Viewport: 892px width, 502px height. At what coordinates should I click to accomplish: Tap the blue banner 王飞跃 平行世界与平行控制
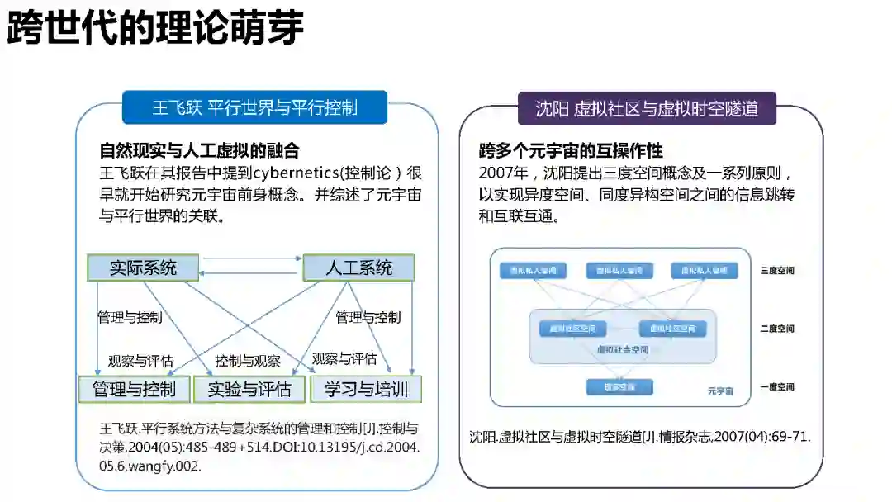coord(255,107)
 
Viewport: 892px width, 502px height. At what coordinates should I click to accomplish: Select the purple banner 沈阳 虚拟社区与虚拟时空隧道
coord(646,107)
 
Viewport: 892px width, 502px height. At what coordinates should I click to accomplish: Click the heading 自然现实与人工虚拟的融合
coord(199,150)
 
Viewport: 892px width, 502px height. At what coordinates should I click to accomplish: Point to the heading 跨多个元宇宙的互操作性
coord(572,151)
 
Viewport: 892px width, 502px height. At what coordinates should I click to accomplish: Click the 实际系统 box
coord(144,268)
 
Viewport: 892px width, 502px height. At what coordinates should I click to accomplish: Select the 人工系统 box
coord(358,268)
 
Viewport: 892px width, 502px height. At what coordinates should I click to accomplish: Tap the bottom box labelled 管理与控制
coord(134,389)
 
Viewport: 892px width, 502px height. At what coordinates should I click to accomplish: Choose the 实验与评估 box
coord(249,389)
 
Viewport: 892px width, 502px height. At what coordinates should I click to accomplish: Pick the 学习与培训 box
coord(366,389)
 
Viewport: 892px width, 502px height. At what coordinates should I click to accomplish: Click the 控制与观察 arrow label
coord(248,361)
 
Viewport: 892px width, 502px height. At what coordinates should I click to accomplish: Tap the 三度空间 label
coord(777,271)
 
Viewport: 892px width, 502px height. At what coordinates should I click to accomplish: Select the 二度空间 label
coord(777,329)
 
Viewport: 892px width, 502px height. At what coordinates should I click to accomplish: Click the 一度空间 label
coord(777,386)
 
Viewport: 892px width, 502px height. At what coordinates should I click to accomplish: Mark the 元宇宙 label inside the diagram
coord(720,391)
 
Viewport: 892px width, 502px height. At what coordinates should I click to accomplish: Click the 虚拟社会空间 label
coord(623,349)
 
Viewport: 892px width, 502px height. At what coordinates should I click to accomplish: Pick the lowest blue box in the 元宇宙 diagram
coord(619,386)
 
